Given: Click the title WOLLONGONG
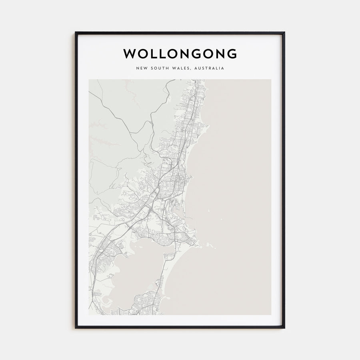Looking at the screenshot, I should click(180, 54).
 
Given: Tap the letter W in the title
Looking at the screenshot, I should click(129, 54).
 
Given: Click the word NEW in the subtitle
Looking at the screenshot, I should click(141, 68).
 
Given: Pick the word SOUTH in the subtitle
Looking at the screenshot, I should click(158, 68).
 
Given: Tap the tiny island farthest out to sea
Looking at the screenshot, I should click(219, 219).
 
